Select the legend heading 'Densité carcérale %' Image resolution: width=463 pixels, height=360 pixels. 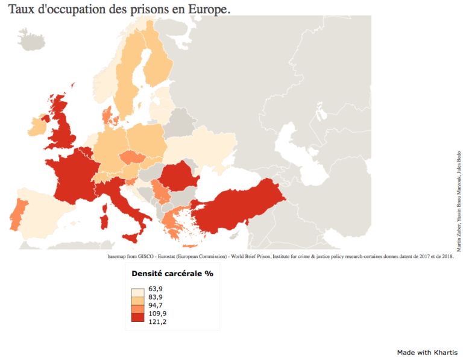[172, 273]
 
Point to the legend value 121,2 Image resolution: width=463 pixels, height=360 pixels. [157, 321]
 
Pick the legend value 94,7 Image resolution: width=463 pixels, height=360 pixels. [156, 306]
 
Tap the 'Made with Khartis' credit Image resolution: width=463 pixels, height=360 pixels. [426, 352]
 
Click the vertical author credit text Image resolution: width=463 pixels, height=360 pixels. [459, 202]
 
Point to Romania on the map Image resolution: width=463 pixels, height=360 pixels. [180, 176]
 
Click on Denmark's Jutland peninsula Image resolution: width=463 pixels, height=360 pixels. [107, 115]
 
